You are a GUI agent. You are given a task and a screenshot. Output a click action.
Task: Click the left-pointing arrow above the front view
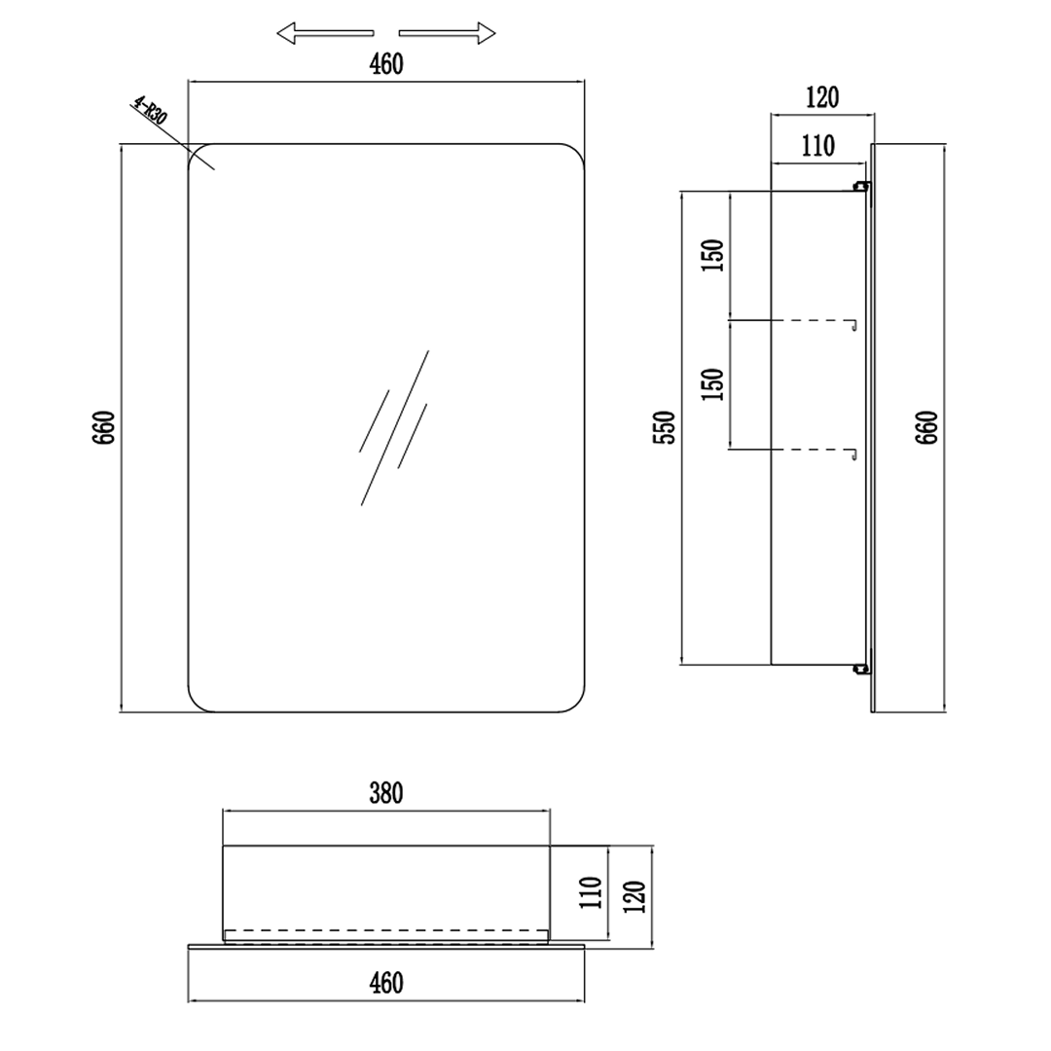(325, 33)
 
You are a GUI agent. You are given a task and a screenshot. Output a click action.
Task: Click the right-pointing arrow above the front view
(447, 33)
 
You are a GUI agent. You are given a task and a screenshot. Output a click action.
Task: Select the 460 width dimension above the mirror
(386, 64)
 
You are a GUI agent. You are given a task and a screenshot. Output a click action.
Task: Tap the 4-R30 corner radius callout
(149, 111)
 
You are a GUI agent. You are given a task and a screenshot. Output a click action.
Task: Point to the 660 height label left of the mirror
(104, 427)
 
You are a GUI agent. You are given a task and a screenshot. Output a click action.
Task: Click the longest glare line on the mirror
(395, 427)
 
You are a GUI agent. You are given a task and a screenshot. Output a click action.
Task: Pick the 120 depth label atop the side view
(821, 98)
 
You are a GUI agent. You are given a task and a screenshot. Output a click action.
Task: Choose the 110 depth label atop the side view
(818, 146)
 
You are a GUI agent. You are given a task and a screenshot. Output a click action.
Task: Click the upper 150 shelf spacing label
(713, 255)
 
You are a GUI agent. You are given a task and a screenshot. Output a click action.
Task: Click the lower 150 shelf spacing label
(713, 384)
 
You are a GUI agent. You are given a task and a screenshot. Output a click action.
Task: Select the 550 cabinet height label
(665, 427)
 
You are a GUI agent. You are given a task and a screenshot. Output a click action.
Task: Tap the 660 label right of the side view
(926, 427)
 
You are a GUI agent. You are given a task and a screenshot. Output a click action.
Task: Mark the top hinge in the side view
(861, 186)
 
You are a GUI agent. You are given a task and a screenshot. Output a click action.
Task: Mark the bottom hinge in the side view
(861, 669)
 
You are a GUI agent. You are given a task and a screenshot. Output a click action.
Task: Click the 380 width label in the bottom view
(386, 794)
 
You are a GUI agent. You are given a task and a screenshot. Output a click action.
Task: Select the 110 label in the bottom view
(592, 892)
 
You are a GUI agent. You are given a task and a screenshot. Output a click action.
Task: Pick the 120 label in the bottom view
(634, 896)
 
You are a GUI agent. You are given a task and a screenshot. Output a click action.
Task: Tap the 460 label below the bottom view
(386, 983)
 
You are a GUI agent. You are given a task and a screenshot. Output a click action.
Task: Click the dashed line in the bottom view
(386, 930)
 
